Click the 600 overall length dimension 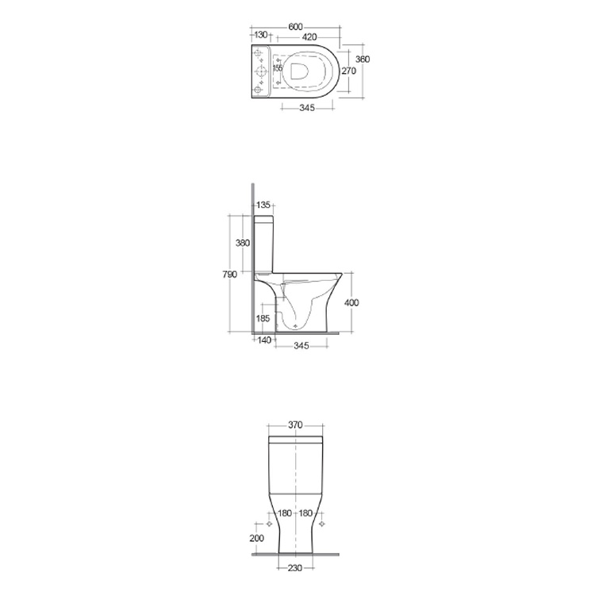coord(295,26)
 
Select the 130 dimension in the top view coord(260,36)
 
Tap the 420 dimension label coord(309,36)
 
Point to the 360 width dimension coord(362,60)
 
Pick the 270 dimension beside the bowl coord(348,71)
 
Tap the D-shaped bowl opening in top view coord(300,71)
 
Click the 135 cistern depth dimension coord(263,205)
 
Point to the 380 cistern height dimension coord(244,243)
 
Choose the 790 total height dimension coord(228,274)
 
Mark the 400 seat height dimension coord(352,302)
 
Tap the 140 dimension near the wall coord(263,340)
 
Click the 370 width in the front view coord(295,425)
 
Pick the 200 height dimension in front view coord(255,539)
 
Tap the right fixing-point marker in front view coord(321,524)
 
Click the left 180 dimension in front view coord(284,513)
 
